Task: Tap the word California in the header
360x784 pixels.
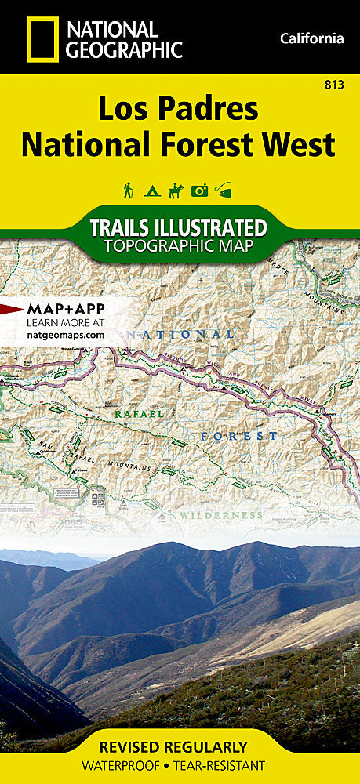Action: (311, 38)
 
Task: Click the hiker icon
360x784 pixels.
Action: (127, 190)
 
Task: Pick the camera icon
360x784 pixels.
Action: (200, 190)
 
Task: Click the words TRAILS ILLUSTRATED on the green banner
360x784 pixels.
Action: (178, 228)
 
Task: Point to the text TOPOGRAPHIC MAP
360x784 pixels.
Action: (178, 247)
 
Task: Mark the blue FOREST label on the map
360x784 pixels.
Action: (238, 436)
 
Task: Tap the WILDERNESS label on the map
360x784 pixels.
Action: (219, 515)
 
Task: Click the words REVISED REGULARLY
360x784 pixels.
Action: (180, 747)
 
